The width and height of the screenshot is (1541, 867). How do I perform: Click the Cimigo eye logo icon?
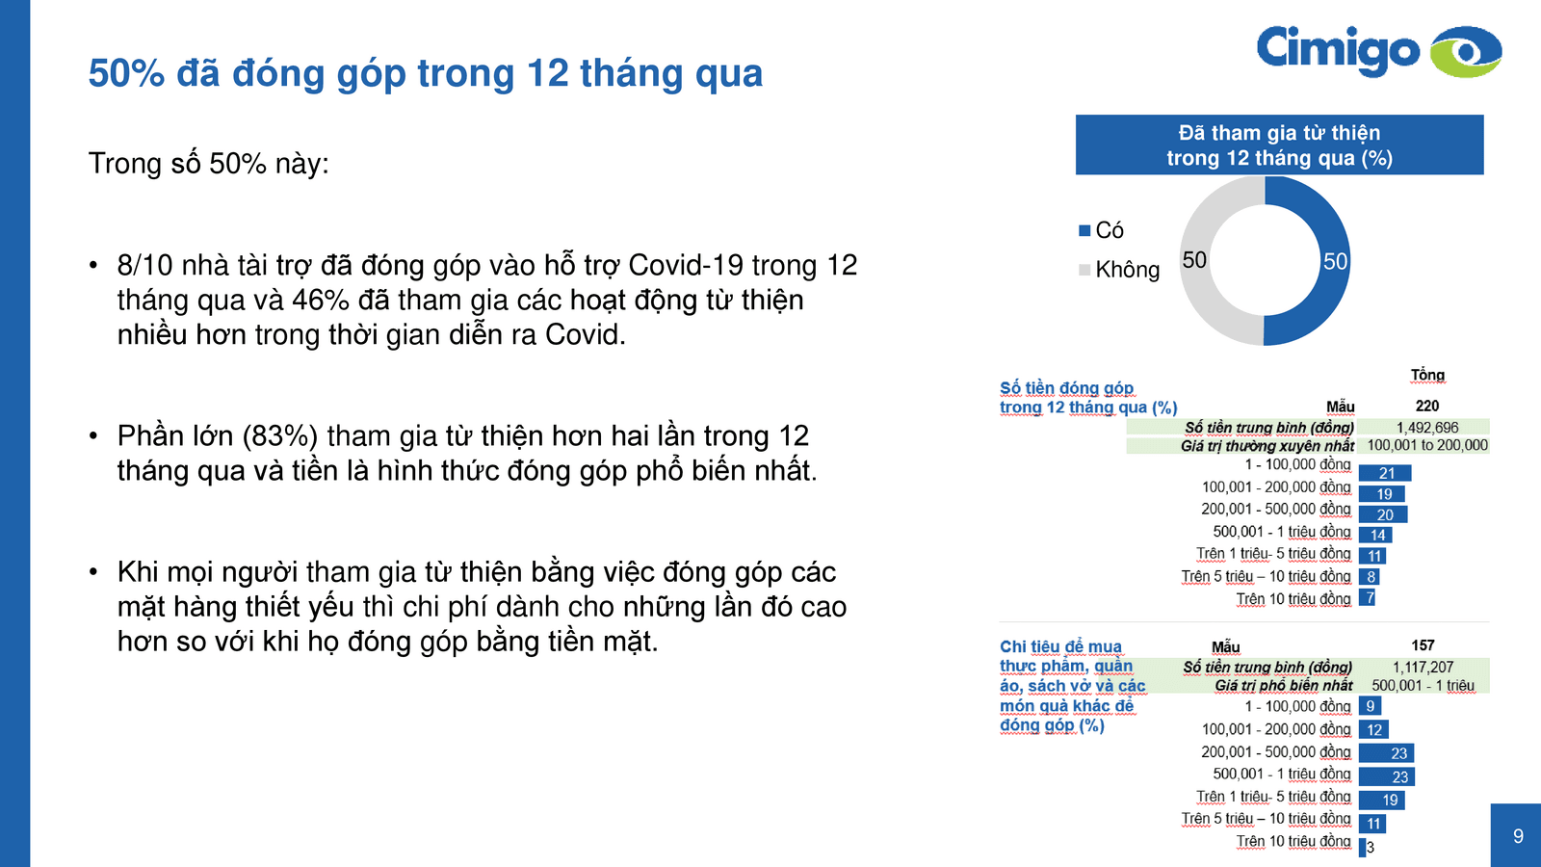[x=1465, y=51]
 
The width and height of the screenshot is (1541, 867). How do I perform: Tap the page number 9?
[x=1518, y=836]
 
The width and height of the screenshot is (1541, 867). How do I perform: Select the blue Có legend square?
[x=1084, y=230]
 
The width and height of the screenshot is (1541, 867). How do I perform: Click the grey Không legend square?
[x=1084, y=270]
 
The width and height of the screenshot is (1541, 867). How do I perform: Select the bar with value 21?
[x=1385, y=473]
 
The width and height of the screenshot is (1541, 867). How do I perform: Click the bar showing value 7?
[x=1368, y=598]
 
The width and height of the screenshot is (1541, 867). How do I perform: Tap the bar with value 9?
[x=1370, y=706]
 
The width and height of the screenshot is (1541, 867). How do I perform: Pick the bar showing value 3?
[x=1363, y=848]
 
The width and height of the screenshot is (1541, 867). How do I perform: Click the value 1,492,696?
[x=1427, y=427]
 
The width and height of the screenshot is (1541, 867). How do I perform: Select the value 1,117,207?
[x=1423, y=667]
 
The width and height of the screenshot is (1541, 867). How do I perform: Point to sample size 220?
[x=1427, y=406]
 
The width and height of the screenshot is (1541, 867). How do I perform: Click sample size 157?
[x=1423, y=645]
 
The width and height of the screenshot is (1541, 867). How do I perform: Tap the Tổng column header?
[x=1427, y=375]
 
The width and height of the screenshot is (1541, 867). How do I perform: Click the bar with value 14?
[x=1376, y=535]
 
